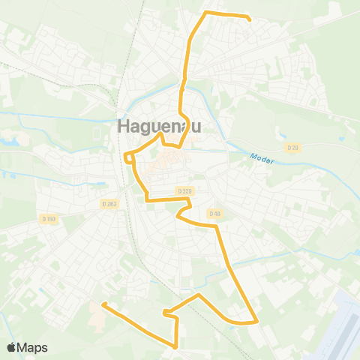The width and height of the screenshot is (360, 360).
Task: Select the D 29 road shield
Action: click(x=292, y=148)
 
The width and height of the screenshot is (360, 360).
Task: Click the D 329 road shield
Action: click(x=184, y=191)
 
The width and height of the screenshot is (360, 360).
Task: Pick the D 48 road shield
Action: click(x=215, y=214)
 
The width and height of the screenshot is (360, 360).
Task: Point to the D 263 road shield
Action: click(x=110, y=203)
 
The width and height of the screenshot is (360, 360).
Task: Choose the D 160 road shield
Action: click(x=49, y=219)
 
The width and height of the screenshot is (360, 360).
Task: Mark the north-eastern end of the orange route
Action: click(x=249, y=19)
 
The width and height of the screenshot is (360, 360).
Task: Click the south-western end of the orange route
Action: click(x=103, y=304)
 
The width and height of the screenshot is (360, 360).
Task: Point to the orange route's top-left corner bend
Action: click(x=206, y=13)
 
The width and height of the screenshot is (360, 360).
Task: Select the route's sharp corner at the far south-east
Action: click(x=257, y=321)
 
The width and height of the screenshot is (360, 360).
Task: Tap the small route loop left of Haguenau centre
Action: click(x=129, y=157)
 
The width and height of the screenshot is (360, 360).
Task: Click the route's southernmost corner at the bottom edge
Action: click(x=175, y=346)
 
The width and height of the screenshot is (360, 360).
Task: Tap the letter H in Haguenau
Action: click(x=124, y=127)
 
